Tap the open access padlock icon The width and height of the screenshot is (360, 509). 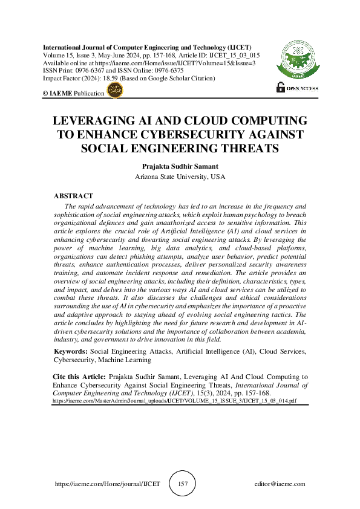pyautogui.click(x=280, y=87)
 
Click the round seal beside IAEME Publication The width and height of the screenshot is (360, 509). pyautogui.click(x=114, y=91)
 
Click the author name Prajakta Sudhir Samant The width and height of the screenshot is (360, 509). pyautogui.click(x=179, y=165)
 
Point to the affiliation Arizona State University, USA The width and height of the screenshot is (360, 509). pyautogui.click(x=179, y=177)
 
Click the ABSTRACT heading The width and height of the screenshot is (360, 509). pyautogui.click(x=73, y=196)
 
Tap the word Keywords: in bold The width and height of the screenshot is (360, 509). pyautogui.click(x=71, y=351)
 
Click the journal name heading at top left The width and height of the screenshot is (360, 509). pyautogui.click(x=146, y=47)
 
